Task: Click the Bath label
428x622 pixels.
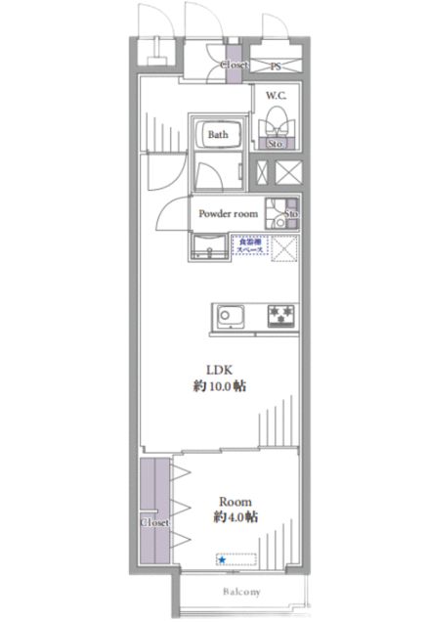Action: coord(217,136)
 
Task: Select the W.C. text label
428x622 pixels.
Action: coord(273,97)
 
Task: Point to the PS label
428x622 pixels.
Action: coord(276,67)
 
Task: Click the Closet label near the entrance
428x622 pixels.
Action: coord(234,66)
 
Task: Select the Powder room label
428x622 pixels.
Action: coord(228,213)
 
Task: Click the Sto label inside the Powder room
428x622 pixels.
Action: coord(290,214)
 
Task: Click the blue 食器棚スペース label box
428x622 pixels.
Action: coord(245,244)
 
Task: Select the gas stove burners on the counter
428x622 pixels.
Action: coord(281,316)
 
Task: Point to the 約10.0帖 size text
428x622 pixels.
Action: coord(219,386)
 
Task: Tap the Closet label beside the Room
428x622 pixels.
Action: coord(154,522)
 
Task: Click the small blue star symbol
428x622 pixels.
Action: coord(222,560)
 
